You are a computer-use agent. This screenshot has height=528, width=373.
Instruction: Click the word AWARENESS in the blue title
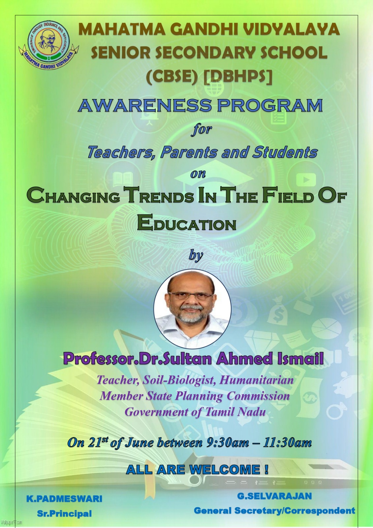pyautogui.click(x=145, y=105)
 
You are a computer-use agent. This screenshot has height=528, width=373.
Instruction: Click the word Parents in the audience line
pyautogui.click(x=189, y=152)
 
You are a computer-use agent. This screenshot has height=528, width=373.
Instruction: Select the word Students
pyautogui.click(x=285, y=152)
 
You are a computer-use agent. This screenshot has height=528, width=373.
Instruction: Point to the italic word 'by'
pyautogui.click(x=196, y=255)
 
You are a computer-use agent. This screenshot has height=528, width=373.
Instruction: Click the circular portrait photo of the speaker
pyautogui.click(x=192, y=309)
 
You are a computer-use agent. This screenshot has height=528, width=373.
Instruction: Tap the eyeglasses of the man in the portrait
pyautogui.click(x=190, y=296)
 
